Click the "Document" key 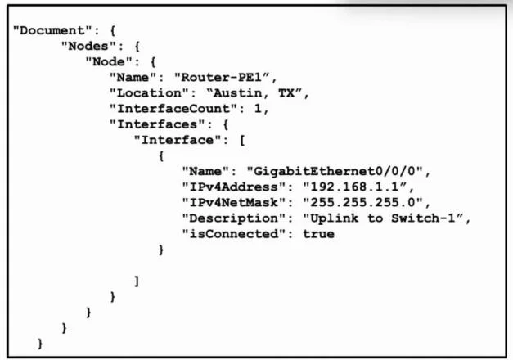(52, 30)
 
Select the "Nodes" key (88, 46)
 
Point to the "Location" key (150, 93)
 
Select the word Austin (238, 93)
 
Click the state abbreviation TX (286, 93)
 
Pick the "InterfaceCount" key (173, 109)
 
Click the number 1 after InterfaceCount (258, 109)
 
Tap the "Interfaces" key (157, 124)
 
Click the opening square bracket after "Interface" (242, 141)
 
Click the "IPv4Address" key (234, 187)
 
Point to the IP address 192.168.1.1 (354, 187)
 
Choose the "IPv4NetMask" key (234, 203)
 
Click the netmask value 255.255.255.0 (362, 203)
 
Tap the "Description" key (234, 218)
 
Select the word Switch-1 (423, 218)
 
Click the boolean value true (318, 234)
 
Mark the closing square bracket (137, 281)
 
